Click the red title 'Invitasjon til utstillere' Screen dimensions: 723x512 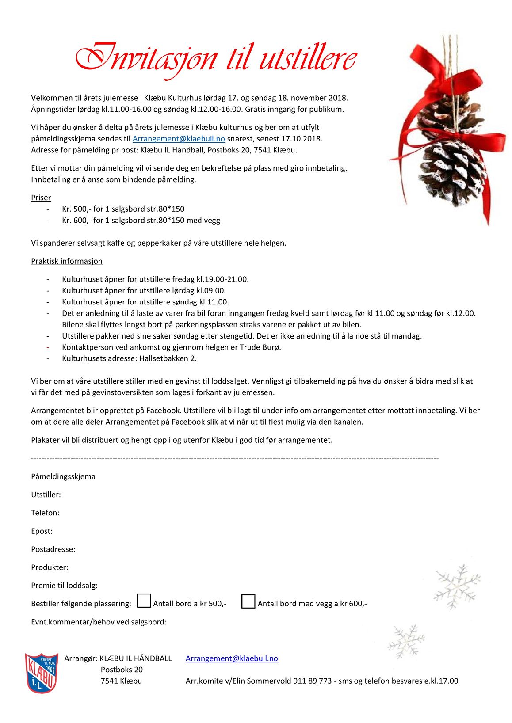216,59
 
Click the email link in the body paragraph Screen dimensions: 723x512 179,139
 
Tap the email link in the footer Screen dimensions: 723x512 232,658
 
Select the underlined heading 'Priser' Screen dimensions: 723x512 41,198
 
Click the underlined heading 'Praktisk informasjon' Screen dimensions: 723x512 67,261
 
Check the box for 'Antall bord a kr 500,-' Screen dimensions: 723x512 144,601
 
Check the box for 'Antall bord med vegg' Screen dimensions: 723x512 248,601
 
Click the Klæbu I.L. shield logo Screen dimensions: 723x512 42,673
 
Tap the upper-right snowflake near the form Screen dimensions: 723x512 457,586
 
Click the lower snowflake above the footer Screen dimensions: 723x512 406,641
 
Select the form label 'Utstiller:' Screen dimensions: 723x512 46,495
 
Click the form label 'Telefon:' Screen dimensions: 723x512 45,513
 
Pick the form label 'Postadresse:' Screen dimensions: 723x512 53,549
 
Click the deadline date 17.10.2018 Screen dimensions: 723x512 301,139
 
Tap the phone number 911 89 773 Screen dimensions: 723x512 312,681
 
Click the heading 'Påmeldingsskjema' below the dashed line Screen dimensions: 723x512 63,477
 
